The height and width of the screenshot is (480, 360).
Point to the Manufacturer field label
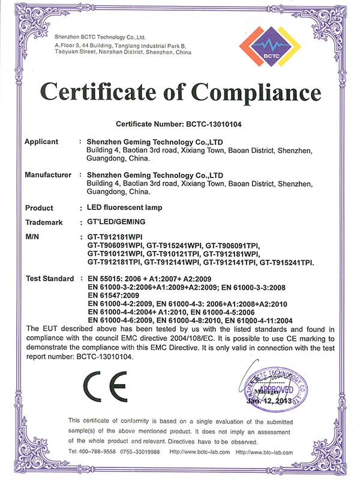coord(48,175)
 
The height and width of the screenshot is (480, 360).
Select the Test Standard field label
coord(49,279)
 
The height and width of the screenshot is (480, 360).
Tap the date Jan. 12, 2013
coord(269,400)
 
